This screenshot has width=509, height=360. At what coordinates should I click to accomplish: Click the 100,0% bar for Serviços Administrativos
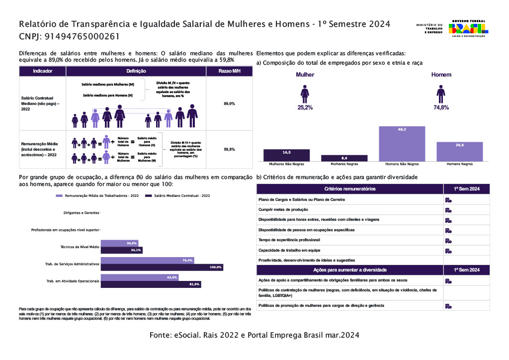tap(162, 267)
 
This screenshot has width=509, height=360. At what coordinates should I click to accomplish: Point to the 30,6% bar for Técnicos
tap(119, 243)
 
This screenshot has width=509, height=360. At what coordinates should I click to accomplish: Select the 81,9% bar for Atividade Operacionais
tap(151, 284)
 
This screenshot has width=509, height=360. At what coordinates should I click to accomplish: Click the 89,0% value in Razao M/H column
tap(229, 103)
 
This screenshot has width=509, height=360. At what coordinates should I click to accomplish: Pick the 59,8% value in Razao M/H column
tap(229, 149)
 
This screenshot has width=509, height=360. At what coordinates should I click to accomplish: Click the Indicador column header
tap(42, 71)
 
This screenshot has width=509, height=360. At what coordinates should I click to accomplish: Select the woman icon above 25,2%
tap(305, 93)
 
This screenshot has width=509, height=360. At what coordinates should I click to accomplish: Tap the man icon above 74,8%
tap(441, 93)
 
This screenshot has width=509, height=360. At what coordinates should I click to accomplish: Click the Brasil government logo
tap(468, 28)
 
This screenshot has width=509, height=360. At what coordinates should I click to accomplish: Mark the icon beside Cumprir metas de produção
tap(448, 210)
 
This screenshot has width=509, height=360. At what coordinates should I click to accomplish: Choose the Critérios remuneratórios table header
tap(349, 189)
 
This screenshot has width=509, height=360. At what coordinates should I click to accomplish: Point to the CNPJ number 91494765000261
tap(82, 36)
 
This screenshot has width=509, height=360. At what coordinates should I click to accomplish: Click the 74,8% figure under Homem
tap(441, 107)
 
